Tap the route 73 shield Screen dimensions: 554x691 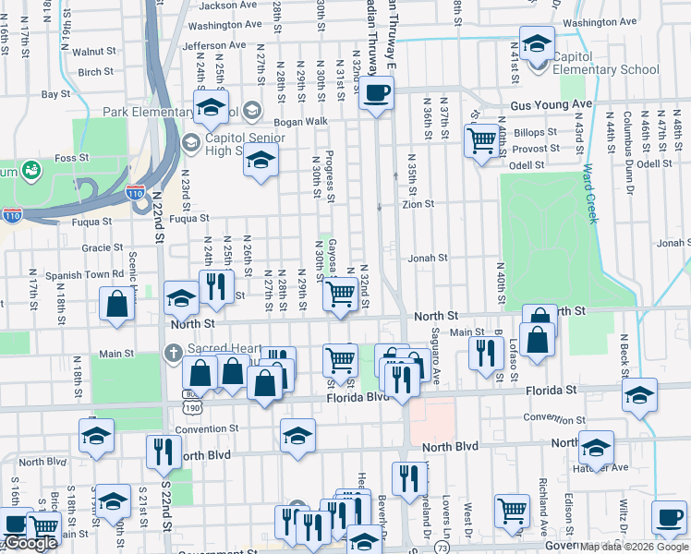click(x=444, y=548)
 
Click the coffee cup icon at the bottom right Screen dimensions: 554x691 click(x=668, y=516)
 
